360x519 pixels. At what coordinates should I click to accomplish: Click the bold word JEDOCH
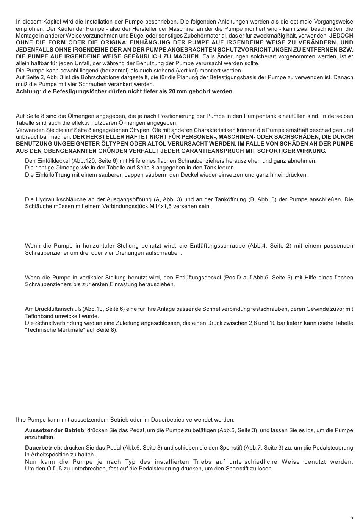(x=341, y=36)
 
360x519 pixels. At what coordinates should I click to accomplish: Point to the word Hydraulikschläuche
(x=59, y=199)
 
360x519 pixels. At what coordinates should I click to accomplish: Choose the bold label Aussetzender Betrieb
(x=55, y=430)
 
